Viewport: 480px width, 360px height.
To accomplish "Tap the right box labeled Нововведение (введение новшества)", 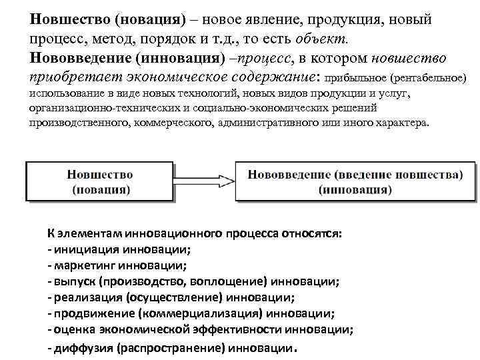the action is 355,181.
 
